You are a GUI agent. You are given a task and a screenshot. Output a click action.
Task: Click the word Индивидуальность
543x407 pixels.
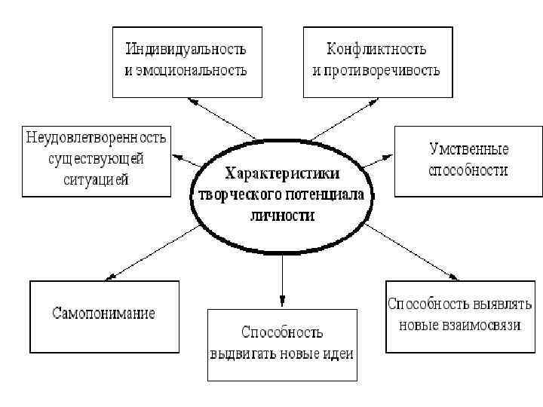(186, 50)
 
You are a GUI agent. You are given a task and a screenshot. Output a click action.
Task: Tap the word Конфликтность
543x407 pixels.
(376, 50)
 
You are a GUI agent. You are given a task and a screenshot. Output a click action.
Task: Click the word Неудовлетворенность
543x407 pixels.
(97, 139)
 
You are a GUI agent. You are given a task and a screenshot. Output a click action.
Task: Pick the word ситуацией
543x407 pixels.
(97, 179)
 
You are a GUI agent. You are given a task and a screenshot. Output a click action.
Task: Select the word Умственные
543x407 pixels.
(468, 149)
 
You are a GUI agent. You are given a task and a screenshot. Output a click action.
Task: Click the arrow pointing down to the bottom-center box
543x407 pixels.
(282, 279)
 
